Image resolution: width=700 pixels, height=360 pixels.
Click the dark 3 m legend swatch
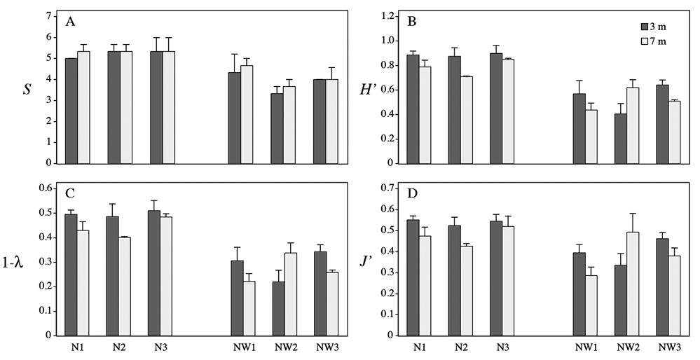pos(644,27)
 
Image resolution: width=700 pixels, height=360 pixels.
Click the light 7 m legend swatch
pos(644,41)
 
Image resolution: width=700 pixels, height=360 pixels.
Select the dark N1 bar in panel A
pos(71,111)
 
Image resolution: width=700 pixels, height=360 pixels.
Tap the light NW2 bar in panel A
pos(289,125)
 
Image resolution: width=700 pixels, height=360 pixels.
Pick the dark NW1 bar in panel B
pos(579,128)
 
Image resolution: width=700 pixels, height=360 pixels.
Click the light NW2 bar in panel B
pos(633,126)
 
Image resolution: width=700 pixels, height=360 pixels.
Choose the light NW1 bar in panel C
pos(249,308)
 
